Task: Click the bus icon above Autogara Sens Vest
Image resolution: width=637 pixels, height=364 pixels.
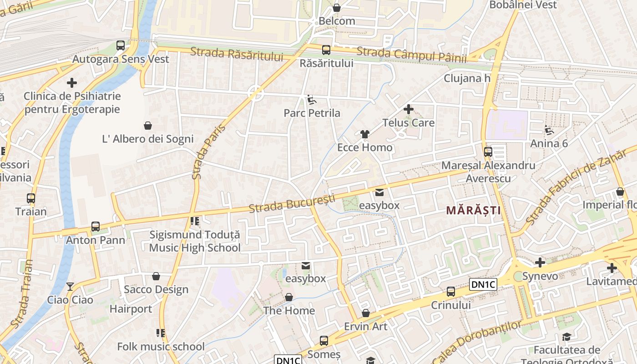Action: [121, 45]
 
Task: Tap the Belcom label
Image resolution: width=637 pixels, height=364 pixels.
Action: [337, 21]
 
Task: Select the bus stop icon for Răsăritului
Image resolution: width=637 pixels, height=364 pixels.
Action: [326, 50]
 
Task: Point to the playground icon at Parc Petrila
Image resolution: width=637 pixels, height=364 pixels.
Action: [312, 100]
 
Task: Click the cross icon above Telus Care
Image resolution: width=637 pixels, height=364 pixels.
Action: [409, 109]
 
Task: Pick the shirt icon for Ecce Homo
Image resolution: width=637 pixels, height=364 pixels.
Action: [365, 134]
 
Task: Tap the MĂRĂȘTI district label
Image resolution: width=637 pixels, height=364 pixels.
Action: [473, 210]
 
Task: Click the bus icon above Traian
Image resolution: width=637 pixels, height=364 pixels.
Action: [31, 198]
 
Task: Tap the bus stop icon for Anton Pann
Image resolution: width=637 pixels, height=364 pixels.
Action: [96, 227]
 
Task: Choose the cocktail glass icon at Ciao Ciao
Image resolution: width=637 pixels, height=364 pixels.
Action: [70, 287]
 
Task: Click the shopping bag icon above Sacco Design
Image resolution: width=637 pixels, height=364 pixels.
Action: [156, 276]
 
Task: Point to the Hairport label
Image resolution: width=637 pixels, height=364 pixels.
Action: [131, 309]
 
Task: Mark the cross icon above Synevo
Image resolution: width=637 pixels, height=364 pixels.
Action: [540, 263]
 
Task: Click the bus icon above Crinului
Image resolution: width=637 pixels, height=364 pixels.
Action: [451, 292]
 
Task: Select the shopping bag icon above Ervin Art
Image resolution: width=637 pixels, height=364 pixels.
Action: [366, 313]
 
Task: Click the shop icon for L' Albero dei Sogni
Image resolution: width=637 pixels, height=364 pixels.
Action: [148, 125]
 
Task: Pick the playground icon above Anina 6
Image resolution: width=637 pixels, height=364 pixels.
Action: [549, 131]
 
